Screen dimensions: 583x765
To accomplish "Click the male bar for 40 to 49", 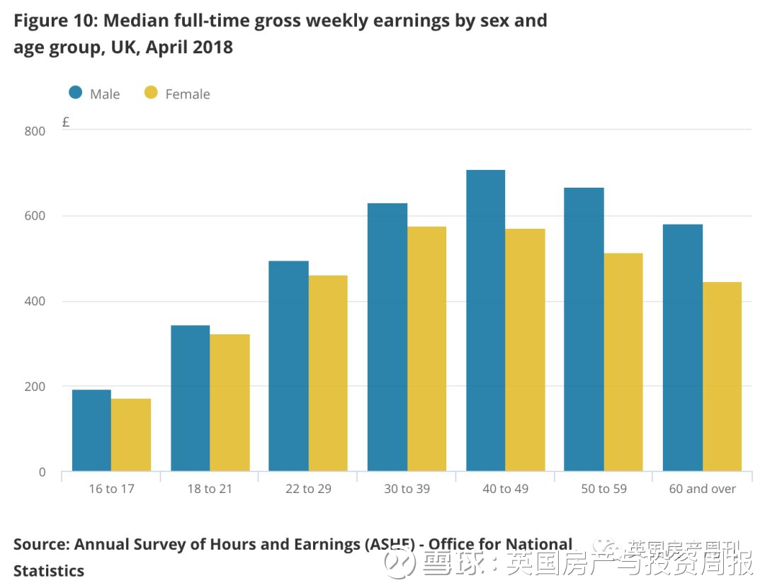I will [485, 320].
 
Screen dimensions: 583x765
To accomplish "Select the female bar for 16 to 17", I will [131, 435].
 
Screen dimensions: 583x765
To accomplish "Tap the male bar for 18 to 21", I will [191, 398].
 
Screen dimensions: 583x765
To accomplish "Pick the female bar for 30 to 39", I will [427, 349].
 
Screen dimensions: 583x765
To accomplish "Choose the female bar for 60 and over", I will [722, 376].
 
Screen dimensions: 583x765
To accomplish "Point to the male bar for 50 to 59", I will [584, 329].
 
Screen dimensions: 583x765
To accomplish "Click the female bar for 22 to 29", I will [328, 373].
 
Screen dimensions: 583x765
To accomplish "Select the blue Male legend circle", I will [76, 93].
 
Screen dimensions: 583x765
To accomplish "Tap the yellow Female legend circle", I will [151, 93].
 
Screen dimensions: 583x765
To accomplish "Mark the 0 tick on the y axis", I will [42, 472].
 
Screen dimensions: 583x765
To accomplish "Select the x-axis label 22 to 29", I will [308, 489].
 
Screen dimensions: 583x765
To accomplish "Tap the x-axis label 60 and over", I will [702, 489].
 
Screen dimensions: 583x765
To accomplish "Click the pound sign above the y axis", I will [66, 122].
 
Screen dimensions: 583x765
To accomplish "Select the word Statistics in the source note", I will [49, 570].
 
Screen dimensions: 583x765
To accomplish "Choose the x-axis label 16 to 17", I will [111, 489].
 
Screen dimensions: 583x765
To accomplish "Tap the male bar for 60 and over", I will [682, 347].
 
